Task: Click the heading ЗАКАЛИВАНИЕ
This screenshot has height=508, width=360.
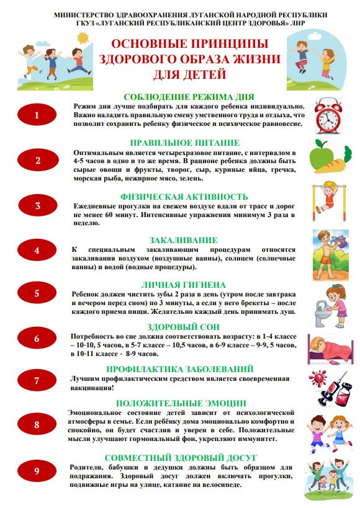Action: [184, 240]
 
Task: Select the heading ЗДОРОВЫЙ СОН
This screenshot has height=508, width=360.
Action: [184, 327]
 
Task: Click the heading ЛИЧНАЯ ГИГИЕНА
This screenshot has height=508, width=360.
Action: [184, 283]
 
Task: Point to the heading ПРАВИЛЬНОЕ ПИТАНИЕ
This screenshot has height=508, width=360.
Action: [184, 142]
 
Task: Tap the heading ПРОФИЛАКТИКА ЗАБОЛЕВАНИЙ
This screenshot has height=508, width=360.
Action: [184, 369]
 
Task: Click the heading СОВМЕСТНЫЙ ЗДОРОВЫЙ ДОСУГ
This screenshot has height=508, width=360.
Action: [184, 458]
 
